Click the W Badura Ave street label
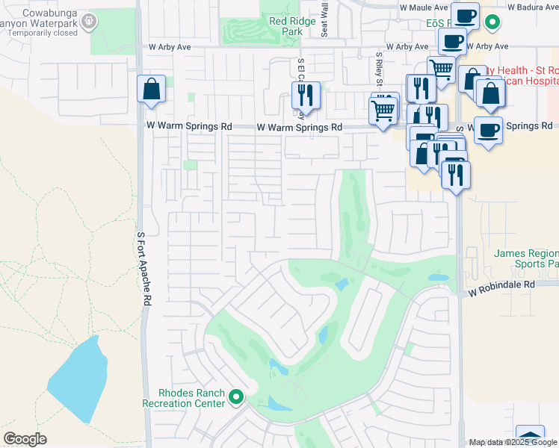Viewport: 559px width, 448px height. pyautogui.click(x=531, y=7)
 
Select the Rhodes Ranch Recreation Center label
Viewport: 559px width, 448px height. pyautogui.click(x=184, y=398)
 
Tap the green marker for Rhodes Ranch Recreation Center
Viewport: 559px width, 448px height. pyautogui.click(x=237, y=396)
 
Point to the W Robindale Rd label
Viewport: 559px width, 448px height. pyautogui.click(x=503, y=284)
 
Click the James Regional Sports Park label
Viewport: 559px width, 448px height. pyautogui.click(x=526, y=258)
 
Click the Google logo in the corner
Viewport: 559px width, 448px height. pyautogui.click(x=25, y=439)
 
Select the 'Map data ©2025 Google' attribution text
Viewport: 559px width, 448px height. pyautogui.click(x=513, y=442)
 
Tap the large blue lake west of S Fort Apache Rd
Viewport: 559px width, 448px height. pyautogui.click(x=75, y=381)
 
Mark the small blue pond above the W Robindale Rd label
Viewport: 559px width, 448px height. pyautogui.click(x=438, y=277)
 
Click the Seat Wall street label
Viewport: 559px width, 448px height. pyautogui.click(x=324, y=19)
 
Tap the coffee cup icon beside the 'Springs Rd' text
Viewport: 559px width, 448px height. pyautogui.click(x=488, y=130)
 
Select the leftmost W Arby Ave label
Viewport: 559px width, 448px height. pyautogui.click(x=170, y=46)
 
